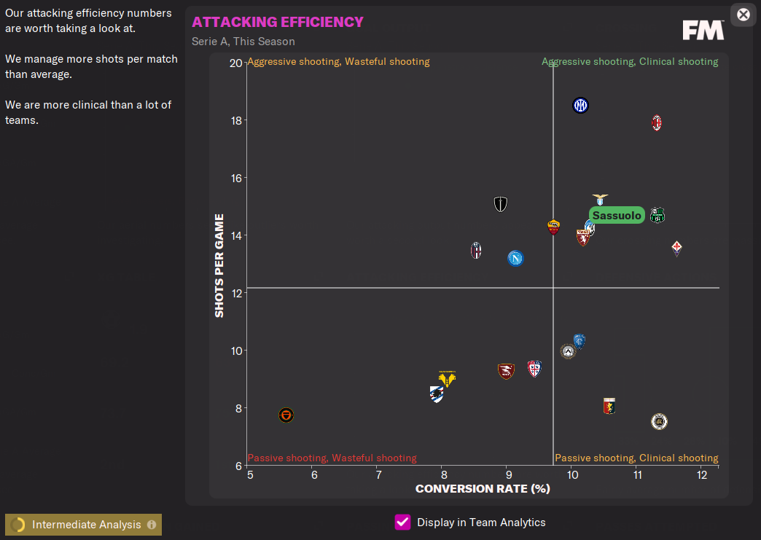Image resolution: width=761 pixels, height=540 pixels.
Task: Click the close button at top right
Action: click(x=743, y=15)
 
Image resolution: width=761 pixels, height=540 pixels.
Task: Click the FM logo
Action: click(x=703, y=30)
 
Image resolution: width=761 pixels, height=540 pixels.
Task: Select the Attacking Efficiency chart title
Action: click(x=278, y=22)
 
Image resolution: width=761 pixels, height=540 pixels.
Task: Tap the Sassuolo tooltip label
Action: click(x=617, y=216)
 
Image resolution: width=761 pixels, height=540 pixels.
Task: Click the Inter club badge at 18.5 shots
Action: click(x=580, y=106)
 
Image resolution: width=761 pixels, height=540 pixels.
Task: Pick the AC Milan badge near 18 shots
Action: click(x=657, y=122)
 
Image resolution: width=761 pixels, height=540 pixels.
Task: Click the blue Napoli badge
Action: click(x=515, y=258)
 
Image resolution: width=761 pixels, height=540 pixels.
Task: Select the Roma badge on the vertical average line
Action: click(x=553, y=227)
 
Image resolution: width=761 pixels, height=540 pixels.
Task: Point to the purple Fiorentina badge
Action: click(x=676, y=248)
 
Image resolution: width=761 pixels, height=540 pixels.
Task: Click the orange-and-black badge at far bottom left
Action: click(x=286, y=415)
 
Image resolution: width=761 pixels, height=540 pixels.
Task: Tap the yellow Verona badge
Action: click(x=447, y=379)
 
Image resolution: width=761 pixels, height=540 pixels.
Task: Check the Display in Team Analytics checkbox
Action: click(x=402, y=522)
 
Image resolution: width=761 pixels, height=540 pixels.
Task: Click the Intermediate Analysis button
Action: click(x=83, y=525)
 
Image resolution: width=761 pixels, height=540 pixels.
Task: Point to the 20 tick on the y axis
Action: click(x=235, y=63)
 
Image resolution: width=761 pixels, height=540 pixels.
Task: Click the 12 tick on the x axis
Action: click(x=702, y=475)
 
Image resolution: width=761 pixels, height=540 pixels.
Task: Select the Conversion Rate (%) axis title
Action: click(x=483, y=488)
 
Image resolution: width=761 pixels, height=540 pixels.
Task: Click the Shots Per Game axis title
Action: click(x=219, y=265)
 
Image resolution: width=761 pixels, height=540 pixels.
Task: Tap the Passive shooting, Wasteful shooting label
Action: click(x=332, y=458)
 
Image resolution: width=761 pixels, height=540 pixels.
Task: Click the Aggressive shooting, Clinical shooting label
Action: click(x=630, y=62)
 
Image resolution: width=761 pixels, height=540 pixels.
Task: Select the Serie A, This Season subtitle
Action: click(x=243, y=42)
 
